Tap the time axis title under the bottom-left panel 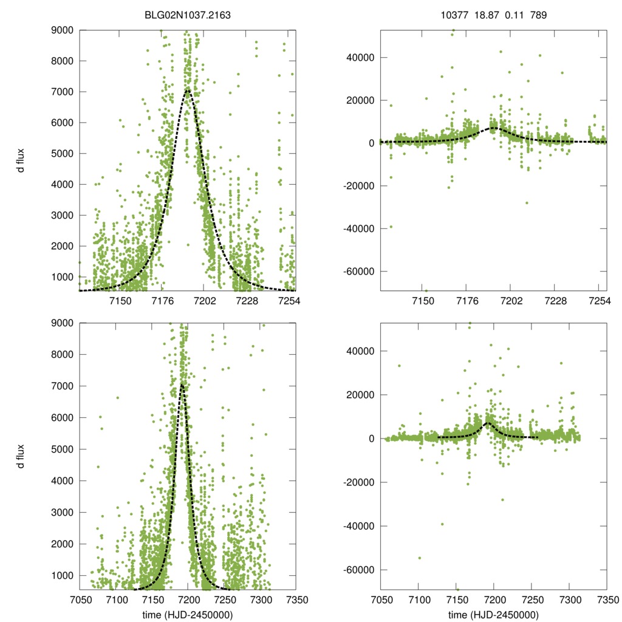coord(187,615)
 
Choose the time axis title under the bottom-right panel coord(493,615)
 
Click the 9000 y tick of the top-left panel coord(63,30)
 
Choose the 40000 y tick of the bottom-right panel coord(358,351)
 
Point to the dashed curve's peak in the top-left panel coord(188,90)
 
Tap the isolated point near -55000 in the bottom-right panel coord(419,558)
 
